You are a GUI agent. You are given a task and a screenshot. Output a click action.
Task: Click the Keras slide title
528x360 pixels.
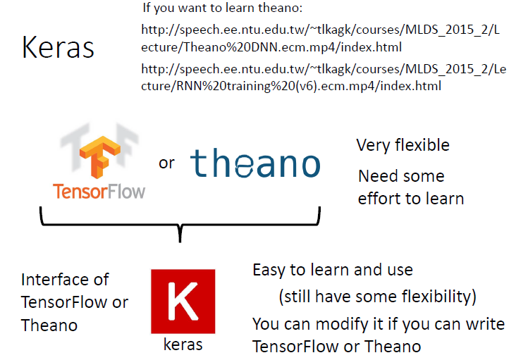[58, 46]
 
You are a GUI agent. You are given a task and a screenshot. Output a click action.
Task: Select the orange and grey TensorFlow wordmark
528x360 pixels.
[99, 190]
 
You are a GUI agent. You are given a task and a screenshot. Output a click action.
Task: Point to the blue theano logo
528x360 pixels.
[254, 163]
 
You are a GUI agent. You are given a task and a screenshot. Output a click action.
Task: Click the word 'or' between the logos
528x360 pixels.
[166, 163]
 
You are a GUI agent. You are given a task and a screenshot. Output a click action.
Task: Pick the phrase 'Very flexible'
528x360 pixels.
[403, 146]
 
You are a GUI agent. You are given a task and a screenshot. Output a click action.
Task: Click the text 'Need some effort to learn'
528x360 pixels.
[410, 187]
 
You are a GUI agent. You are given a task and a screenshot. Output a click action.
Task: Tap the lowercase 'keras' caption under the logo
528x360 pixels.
[183, 345]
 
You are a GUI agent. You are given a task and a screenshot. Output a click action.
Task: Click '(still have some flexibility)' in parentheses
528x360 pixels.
[378, 296]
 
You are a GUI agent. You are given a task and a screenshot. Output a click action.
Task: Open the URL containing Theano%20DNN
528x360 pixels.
[319, 39]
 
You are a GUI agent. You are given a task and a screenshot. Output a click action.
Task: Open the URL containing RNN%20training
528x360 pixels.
[319, 77]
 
